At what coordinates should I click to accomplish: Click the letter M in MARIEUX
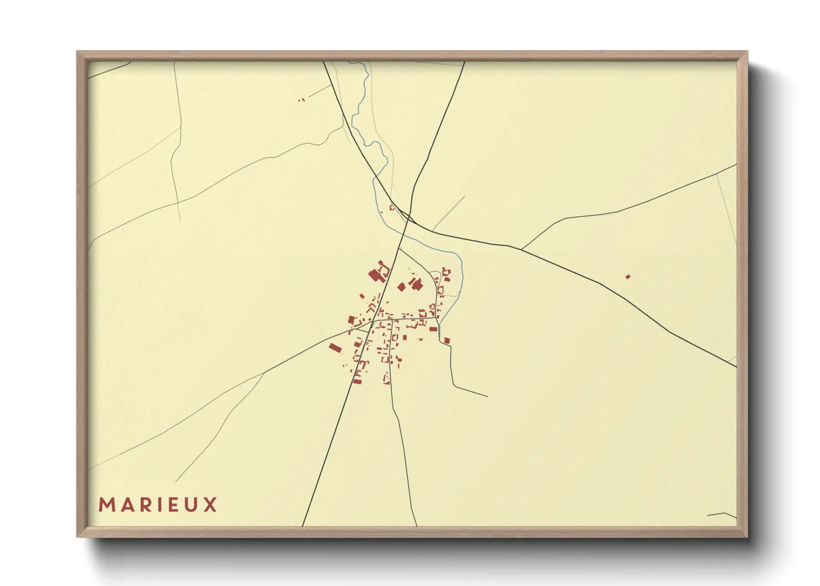[x=106, y=505]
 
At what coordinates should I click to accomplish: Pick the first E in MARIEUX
[x=173, y=505]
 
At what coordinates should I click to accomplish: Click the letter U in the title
[x=191, y=505]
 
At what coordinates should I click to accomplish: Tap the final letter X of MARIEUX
[x=210, y=505]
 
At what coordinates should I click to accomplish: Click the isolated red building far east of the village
[x=628, y=276]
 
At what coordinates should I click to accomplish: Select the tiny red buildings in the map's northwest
[x=301, y=100]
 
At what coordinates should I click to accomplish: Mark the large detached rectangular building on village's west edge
[x=334, y=348]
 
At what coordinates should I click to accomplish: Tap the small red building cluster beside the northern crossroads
[x=392, y=208]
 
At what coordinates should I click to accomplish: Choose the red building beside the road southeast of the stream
[x=447, y=341]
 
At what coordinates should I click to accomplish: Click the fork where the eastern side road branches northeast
[x=521, y=249]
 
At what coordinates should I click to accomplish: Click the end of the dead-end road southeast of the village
[x=487, y=397]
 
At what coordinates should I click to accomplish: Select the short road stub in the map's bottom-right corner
[x=721, y=515]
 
